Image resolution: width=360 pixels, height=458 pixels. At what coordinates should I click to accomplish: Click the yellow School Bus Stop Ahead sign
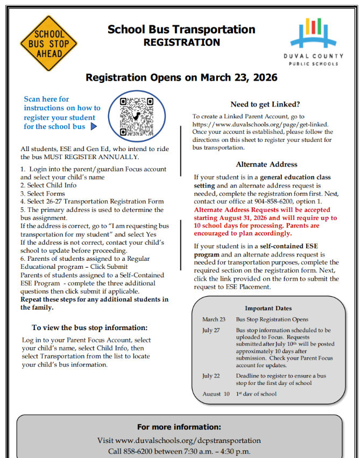click(x=49, y=44)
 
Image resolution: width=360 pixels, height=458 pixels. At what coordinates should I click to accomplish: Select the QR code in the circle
click(x=132, y=116)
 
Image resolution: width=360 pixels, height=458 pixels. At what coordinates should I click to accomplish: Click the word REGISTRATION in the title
click(x=181, y=42)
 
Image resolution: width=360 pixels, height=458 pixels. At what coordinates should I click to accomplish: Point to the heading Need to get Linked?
click(x=265, y=104)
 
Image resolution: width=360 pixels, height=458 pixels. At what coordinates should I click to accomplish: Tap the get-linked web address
click(x=260, y=124)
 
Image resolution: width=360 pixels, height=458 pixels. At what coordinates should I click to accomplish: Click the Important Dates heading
click(x=268, y=309)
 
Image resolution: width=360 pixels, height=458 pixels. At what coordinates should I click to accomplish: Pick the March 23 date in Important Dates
click(x=214, y=319)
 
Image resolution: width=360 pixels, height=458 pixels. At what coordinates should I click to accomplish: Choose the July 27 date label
click(x=211, y=330)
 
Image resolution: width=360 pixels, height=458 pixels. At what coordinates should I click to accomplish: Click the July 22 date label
click(x=211, y=376)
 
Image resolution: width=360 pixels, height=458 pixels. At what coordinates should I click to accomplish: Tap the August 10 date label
click(x=215, y=394)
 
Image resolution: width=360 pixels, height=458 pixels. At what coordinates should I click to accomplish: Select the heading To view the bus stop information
click(x=89, y=327)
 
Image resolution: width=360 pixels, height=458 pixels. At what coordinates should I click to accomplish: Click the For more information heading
click(x=179, y=427)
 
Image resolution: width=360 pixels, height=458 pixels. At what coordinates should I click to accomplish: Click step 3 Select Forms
click(x=40, y=194)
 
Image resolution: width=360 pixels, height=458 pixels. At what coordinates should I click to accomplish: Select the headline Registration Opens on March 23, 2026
click(x=181, y=78)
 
